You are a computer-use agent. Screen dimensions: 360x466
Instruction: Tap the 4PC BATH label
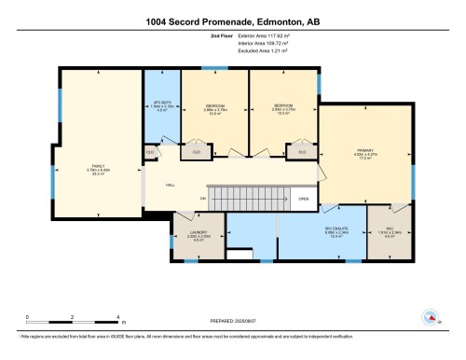161,106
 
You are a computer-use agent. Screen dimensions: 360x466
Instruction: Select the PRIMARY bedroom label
364,153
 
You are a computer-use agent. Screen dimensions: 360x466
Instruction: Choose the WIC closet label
391,233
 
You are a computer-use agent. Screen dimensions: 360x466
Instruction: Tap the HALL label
171,185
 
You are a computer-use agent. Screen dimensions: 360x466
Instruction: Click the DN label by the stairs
201,198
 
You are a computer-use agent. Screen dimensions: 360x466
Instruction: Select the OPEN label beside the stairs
303,198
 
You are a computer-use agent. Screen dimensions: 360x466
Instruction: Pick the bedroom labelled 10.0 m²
214,110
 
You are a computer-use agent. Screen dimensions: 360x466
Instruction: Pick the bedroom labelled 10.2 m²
283,110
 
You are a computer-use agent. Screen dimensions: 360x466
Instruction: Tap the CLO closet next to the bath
150,150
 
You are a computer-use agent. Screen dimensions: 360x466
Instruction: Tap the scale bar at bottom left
72,323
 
